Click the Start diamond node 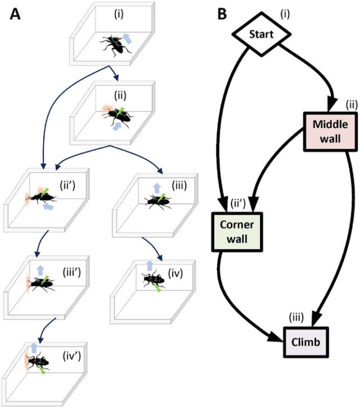point(262,34)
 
